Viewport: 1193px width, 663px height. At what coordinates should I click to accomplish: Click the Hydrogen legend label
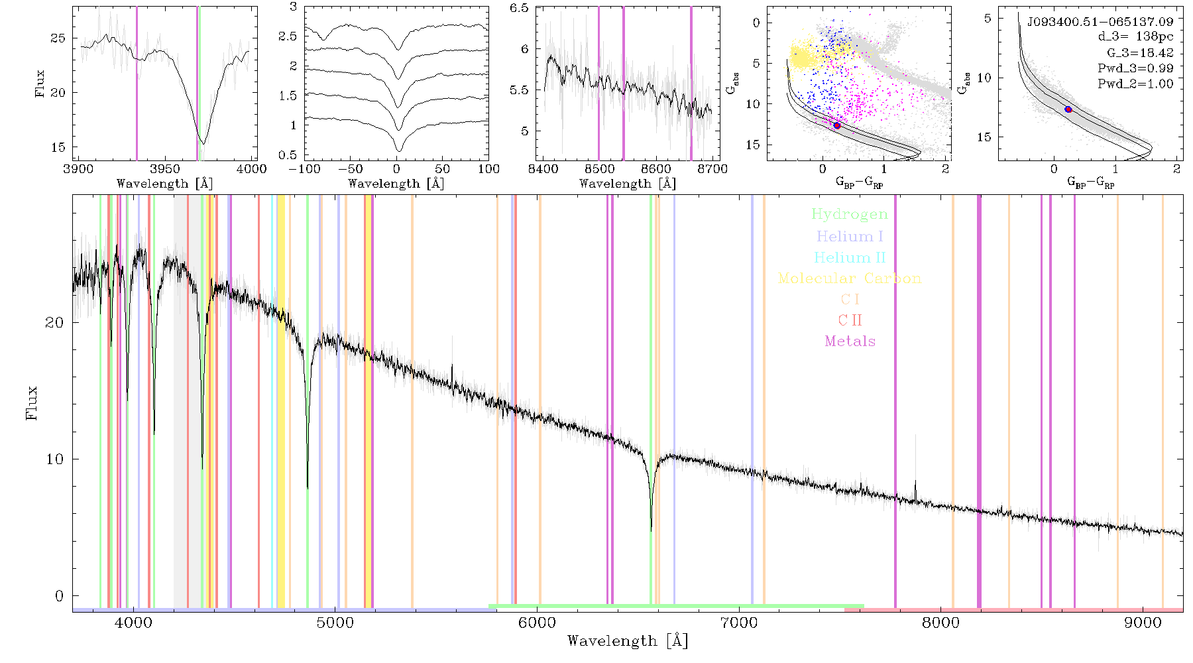pyautogui.click(x=850, y=214)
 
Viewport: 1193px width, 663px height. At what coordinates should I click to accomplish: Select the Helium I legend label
pyautogui.click(x=850, y=236)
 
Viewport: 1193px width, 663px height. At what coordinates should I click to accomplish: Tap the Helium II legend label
pyautogui.click(x=850, y=257)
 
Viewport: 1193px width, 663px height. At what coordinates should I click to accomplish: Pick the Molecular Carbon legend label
pyautogui.click(x=850, y=278)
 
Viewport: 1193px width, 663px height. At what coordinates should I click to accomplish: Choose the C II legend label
pyautogui.click(x=850, y=320)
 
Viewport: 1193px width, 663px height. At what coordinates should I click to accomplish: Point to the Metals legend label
pyautogui.click(x=850, y=341)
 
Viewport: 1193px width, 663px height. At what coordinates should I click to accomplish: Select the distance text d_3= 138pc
pyautogui.click(x=1135, y=37)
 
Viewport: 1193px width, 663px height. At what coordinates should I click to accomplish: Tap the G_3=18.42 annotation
pyautogui.click(x=1140, y=53)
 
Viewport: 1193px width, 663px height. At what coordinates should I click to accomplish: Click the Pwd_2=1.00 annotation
pyautogui.click(x=1135, y=84)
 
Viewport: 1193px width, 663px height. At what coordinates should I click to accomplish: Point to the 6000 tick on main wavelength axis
pyautogui.click(x=537, y=623)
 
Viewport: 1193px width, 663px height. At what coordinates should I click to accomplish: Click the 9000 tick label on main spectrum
pyautogui.click(x=1143, y=623)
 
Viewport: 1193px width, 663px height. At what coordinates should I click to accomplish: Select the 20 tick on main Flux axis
pyautogui.click(x=54, y=323)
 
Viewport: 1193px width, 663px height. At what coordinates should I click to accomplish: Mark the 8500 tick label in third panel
pyautogui.click(x=599, y=169)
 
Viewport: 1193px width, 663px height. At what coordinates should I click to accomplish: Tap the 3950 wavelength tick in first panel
pyautogui.click(x=165, y=169)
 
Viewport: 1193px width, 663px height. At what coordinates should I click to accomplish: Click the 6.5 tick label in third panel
pyautogui.click(x=519, y=8)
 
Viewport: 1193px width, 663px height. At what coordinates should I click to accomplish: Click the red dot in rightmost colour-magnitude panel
pyautogui.click(x=1068, y=109)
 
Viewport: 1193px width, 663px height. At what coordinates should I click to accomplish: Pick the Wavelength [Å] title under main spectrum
pyautogui.click(x=628, y=641)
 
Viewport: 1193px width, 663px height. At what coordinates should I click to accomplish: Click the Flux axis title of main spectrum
pyautogui.click(x=31, y=402)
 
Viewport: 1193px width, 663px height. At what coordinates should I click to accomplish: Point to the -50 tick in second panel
pyautogui.click(x=350, y=169)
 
